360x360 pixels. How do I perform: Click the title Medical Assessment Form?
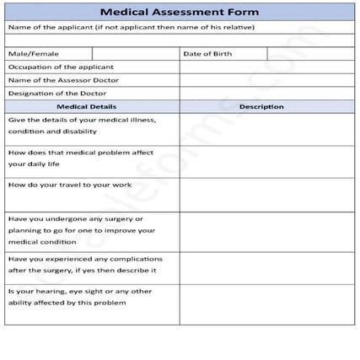180,12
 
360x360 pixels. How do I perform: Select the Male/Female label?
29,53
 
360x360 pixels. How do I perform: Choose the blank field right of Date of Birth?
310,53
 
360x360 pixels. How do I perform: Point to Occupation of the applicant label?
61,67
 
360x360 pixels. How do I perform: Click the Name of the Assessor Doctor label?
63,80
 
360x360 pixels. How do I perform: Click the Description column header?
266,107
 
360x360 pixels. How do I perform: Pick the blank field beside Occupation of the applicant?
266,67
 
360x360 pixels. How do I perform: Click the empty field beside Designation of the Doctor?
266,94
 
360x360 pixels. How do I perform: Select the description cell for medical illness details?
266,129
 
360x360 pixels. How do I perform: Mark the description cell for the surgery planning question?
266,231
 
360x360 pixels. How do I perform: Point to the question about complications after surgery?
84,265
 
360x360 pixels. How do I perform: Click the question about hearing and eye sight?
80,297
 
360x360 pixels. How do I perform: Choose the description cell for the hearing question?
266,304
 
